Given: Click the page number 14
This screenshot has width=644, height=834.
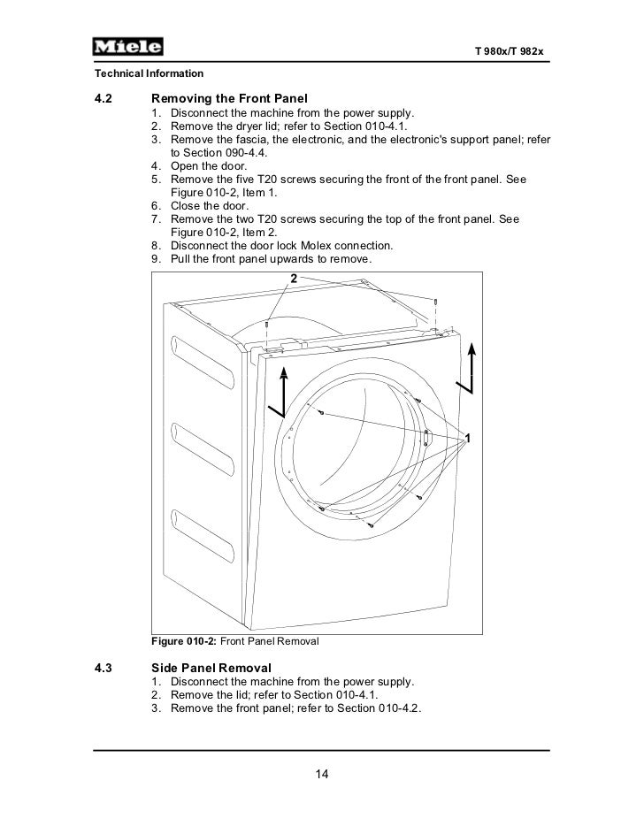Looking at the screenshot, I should point(322,776).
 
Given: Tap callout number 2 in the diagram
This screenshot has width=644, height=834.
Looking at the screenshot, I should point(293,279).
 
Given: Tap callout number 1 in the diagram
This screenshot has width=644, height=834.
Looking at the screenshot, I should point(467,439).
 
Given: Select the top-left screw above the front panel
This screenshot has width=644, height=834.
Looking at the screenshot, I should point(266,325).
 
